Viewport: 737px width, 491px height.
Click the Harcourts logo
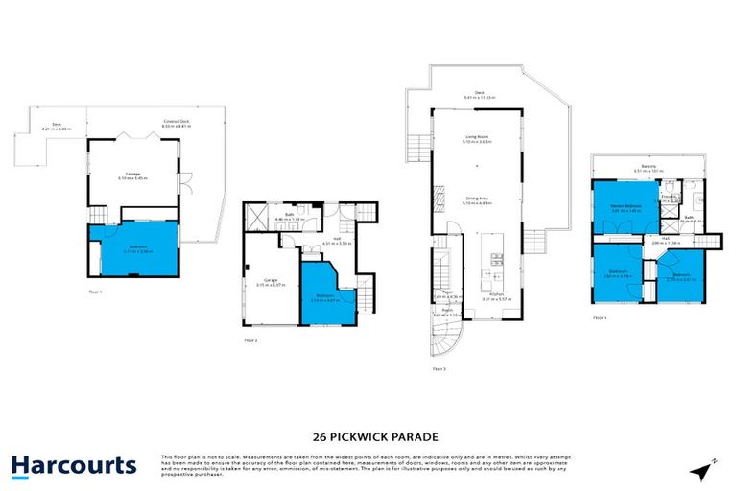pos(74,466)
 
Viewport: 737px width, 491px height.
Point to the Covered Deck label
pos(175,123)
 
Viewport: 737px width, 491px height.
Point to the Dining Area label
pos(477,199)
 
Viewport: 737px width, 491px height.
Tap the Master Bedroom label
pos(627,207)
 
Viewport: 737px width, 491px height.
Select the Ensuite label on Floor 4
pos(665,198)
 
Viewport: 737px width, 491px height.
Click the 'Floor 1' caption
pos(94,291)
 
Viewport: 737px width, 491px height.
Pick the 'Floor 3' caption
pos(439,368)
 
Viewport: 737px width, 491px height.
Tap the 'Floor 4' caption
pos(599,317)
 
